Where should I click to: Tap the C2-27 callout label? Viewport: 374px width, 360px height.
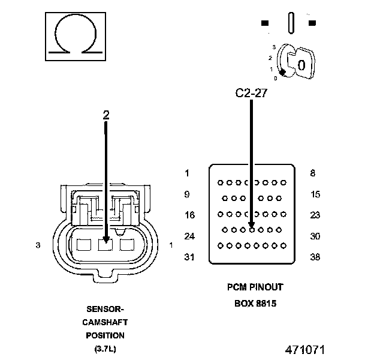pyautogui.click(x=251, y=93)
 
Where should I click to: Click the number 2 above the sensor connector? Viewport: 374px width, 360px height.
pyautogui.click(x=106, y=115)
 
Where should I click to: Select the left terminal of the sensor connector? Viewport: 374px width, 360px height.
pyautogui.click(x=84, y=245)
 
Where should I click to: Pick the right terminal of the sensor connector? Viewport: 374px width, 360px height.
pyautogui.click(x=127, y=245)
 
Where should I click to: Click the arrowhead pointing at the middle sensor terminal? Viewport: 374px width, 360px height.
pyautogui.click(x=106, y=239)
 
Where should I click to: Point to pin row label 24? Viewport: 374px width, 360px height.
pyautogui.click(x=189, y=236)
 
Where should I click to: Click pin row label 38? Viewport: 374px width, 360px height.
pyautogui.click(x=315, y=257)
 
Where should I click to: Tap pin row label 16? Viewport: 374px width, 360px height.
pyautogui.click(x=189, y=215)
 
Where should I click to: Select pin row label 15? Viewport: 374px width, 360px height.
pyautogui.click(x=315, y=194)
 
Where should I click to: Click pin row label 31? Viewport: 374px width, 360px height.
pyautogui.click(x=189, y=257)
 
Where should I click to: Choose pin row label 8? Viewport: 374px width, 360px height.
pyautogui.click(x=312, y=173)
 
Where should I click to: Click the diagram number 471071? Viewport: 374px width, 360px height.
pyautogui.click(x=305, y=350)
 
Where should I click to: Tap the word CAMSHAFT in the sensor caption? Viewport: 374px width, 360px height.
pyautogui.click(x=105, y=322)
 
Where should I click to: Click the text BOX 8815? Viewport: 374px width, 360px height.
pyautogui.click(x=255, y=304)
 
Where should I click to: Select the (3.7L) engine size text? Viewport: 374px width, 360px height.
pyautogui.click(x=105, y=349)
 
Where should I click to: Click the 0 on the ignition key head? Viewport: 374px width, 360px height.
pyautogui.click(x=301, y=65)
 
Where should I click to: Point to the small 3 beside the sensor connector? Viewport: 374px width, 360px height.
pyautogui.click(x=38, y=245)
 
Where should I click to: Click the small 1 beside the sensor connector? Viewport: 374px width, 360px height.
pyautogui.click(x=171, y=245)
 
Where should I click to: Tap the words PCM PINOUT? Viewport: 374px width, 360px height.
pyautogui.click(x=255, y=287)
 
